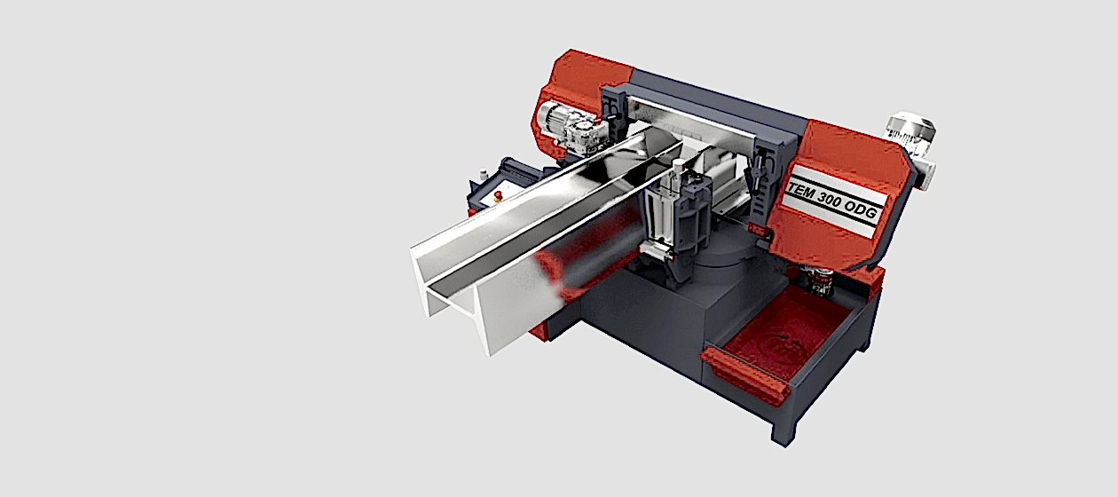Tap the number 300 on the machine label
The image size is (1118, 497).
tap(832, 202)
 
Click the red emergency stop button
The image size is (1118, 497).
tap(498, 195)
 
